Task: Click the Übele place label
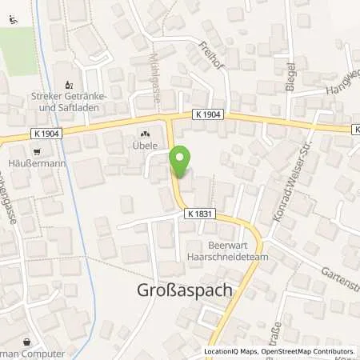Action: click(x=146, y=146)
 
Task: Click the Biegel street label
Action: click(x=290, y=77)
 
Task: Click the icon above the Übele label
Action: click(x=146, y=134)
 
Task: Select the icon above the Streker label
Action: click(x=68, y=84)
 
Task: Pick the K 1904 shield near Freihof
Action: click(x=207, y=115)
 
